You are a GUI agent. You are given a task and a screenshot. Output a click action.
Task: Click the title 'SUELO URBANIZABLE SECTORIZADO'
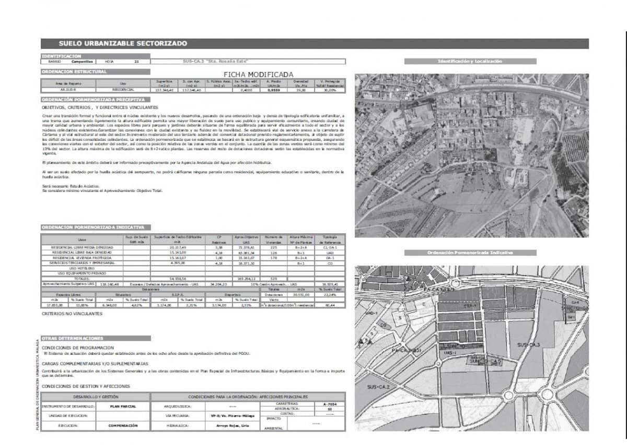pos(122,44)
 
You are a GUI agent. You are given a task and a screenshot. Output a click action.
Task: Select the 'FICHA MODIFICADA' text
pos(258,75)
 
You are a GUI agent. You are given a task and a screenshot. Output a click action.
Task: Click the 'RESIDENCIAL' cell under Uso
pos(123,90)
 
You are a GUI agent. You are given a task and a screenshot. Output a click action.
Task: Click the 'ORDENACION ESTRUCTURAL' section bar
pos(74,71)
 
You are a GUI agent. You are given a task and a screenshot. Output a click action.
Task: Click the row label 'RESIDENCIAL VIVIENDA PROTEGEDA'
pos(82,258)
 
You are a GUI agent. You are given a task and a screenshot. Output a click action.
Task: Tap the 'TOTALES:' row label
pos(82,279)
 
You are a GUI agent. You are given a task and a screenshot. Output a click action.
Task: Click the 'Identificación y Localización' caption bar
pos(470,62)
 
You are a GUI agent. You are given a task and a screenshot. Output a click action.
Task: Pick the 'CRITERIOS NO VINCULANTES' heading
pos(72,314)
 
